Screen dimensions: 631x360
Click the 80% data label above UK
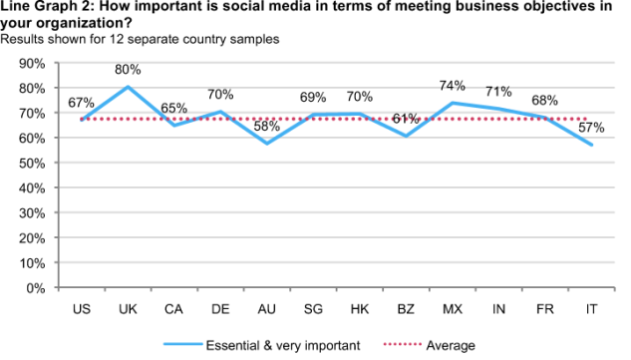(x=128, y=70)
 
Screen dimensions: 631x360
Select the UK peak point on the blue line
(x=128, y=87)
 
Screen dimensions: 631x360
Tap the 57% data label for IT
(x=591, y=128)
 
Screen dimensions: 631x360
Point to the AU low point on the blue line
(x=267, y=144)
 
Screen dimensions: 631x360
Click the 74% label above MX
(x=453, y=86)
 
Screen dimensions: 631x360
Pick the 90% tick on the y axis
(x=32, y=63)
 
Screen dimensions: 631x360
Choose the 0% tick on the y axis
(x=36, y=288)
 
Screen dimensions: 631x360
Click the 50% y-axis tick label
(x=32, y=164)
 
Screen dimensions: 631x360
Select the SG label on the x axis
(x=313, y=309)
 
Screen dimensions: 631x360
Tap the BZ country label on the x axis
(x=406, y=309)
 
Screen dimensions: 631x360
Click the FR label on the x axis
(x=545, y=309)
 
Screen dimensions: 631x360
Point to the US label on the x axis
(x=82, y=309)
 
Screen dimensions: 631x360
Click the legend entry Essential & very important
(x=262, y=345)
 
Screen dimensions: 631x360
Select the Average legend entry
(x=430, y=345)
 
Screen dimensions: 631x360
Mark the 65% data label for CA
(x=173, y=109)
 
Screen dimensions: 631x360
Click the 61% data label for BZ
(x=406, y=119)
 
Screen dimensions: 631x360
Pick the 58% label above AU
(x=267, y=127)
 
